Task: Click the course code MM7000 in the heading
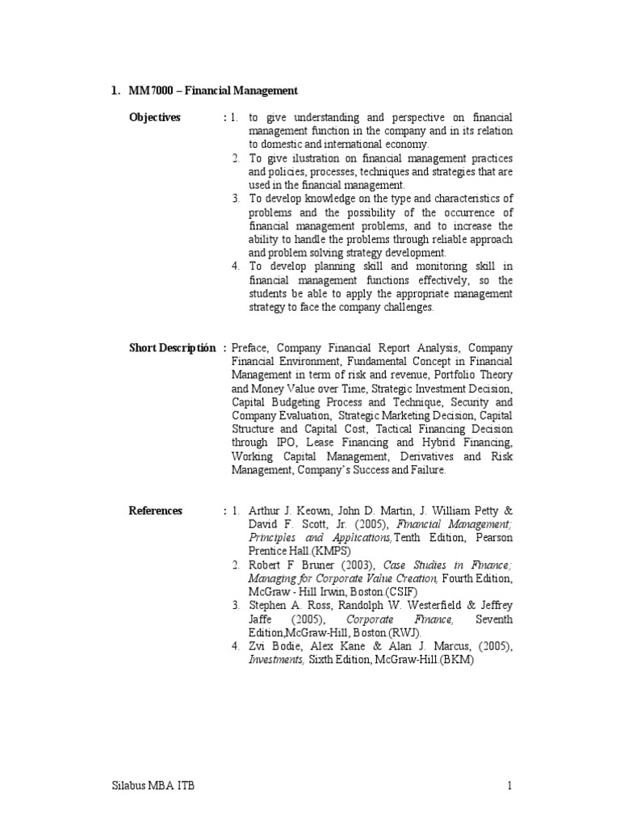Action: click(149, 90)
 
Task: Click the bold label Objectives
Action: click(155, 118)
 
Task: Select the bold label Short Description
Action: click(172, 348)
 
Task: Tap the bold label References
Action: click(156, 510)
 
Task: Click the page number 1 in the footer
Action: click(511, 785)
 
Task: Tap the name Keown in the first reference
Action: click(314, 510)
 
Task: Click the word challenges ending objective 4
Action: click(407, 307)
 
